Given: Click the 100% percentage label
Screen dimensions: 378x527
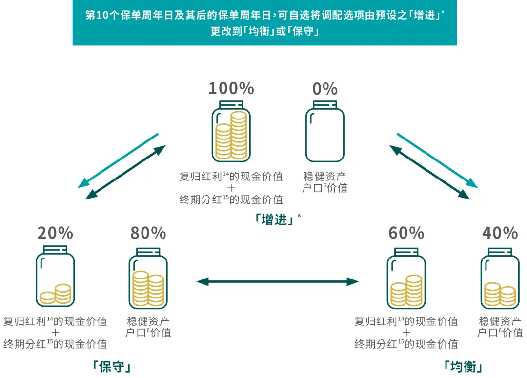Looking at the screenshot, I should [231, 89].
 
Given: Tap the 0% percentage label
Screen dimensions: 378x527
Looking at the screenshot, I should [325, 89].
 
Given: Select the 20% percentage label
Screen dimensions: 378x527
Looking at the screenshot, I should [55, 233].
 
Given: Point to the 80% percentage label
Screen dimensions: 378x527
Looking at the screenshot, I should [148, 233].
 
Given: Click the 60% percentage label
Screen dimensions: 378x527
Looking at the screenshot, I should [406, 233].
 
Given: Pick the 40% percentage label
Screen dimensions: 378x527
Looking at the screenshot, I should [500, 233].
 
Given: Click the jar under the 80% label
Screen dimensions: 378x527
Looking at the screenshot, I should [148, 278].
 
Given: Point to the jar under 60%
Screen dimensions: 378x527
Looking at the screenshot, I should [406, 278].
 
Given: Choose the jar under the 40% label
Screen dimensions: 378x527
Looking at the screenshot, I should [500, 278].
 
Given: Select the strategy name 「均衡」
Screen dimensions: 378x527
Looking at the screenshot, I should [464, 366].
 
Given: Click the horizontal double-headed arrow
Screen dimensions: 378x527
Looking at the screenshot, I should [277, 281].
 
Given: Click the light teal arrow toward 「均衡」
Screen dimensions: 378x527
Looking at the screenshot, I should [437, 160].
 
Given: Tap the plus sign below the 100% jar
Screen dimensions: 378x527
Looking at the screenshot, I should [231, 188].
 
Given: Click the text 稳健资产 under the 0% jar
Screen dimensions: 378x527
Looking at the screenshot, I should [325, 177].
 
